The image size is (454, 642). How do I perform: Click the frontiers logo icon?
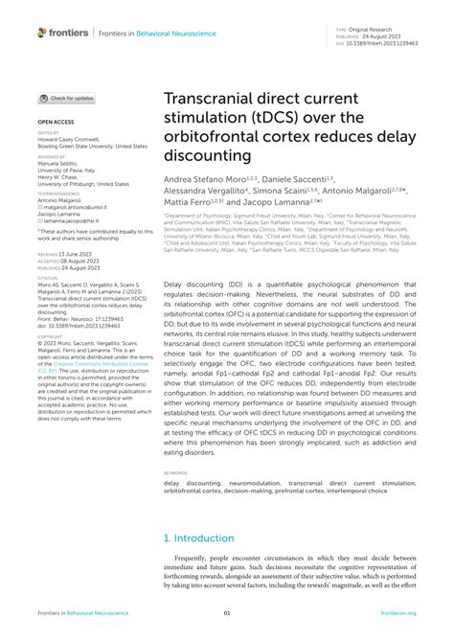point(42,33)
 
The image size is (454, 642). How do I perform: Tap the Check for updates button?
point(66,98)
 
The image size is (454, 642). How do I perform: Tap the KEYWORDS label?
point(176,473)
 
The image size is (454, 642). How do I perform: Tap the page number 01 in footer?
point(227,613)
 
